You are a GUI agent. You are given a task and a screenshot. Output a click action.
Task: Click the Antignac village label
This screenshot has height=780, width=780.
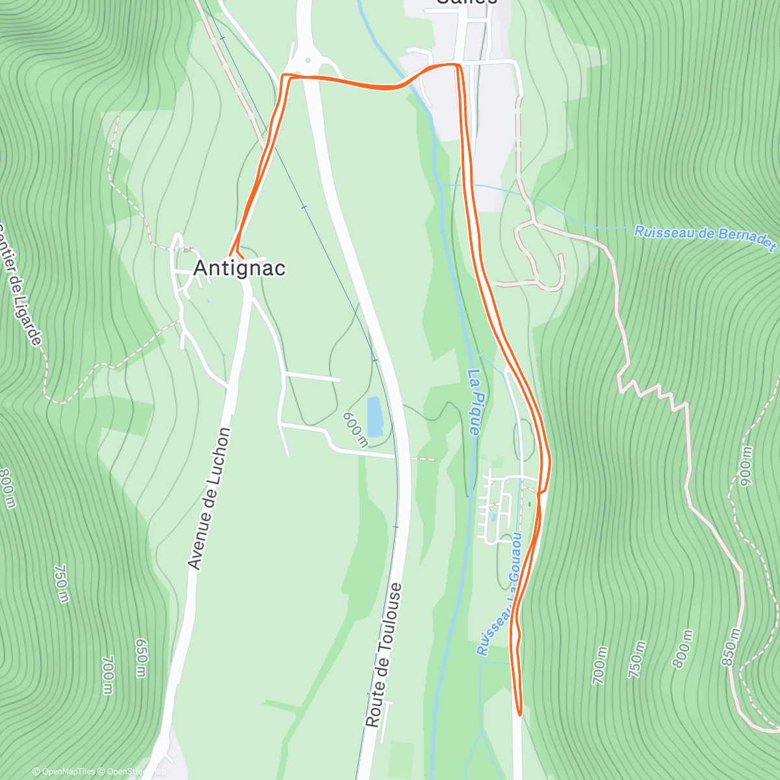coord(240,268)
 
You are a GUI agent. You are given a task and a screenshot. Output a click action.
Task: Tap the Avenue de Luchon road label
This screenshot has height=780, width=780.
coord(208,499)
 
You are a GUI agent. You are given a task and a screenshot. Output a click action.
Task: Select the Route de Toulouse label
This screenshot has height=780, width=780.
coord(383,655)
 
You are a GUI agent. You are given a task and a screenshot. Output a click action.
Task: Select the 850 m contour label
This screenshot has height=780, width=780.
coord(731,646)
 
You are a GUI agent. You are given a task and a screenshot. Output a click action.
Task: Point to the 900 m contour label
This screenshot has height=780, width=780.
coord(745,465)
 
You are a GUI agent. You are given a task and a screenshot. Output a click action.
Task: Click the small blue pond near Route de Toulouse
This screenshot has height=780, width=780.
coord(374,417)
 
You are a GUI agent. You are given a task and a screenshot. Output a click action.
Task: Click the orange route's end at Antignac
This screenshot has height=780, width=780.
coord(231,253)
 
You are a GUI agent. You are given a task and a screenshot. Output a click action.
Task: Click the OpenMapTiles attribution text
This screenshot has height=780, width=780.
coord(64,772)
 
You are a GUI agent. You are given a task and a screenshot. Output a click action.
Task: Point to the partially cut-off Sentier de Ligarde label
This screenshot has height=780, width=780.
coord(23,286)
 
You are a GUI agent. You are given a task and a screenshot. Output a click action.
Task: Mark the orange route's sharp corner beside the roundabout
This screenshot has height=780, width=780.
coord(283,77)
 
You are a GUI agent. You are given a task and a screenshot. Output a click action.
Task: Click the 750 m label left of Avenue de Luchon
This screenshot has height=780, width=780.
coord(60,583)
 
